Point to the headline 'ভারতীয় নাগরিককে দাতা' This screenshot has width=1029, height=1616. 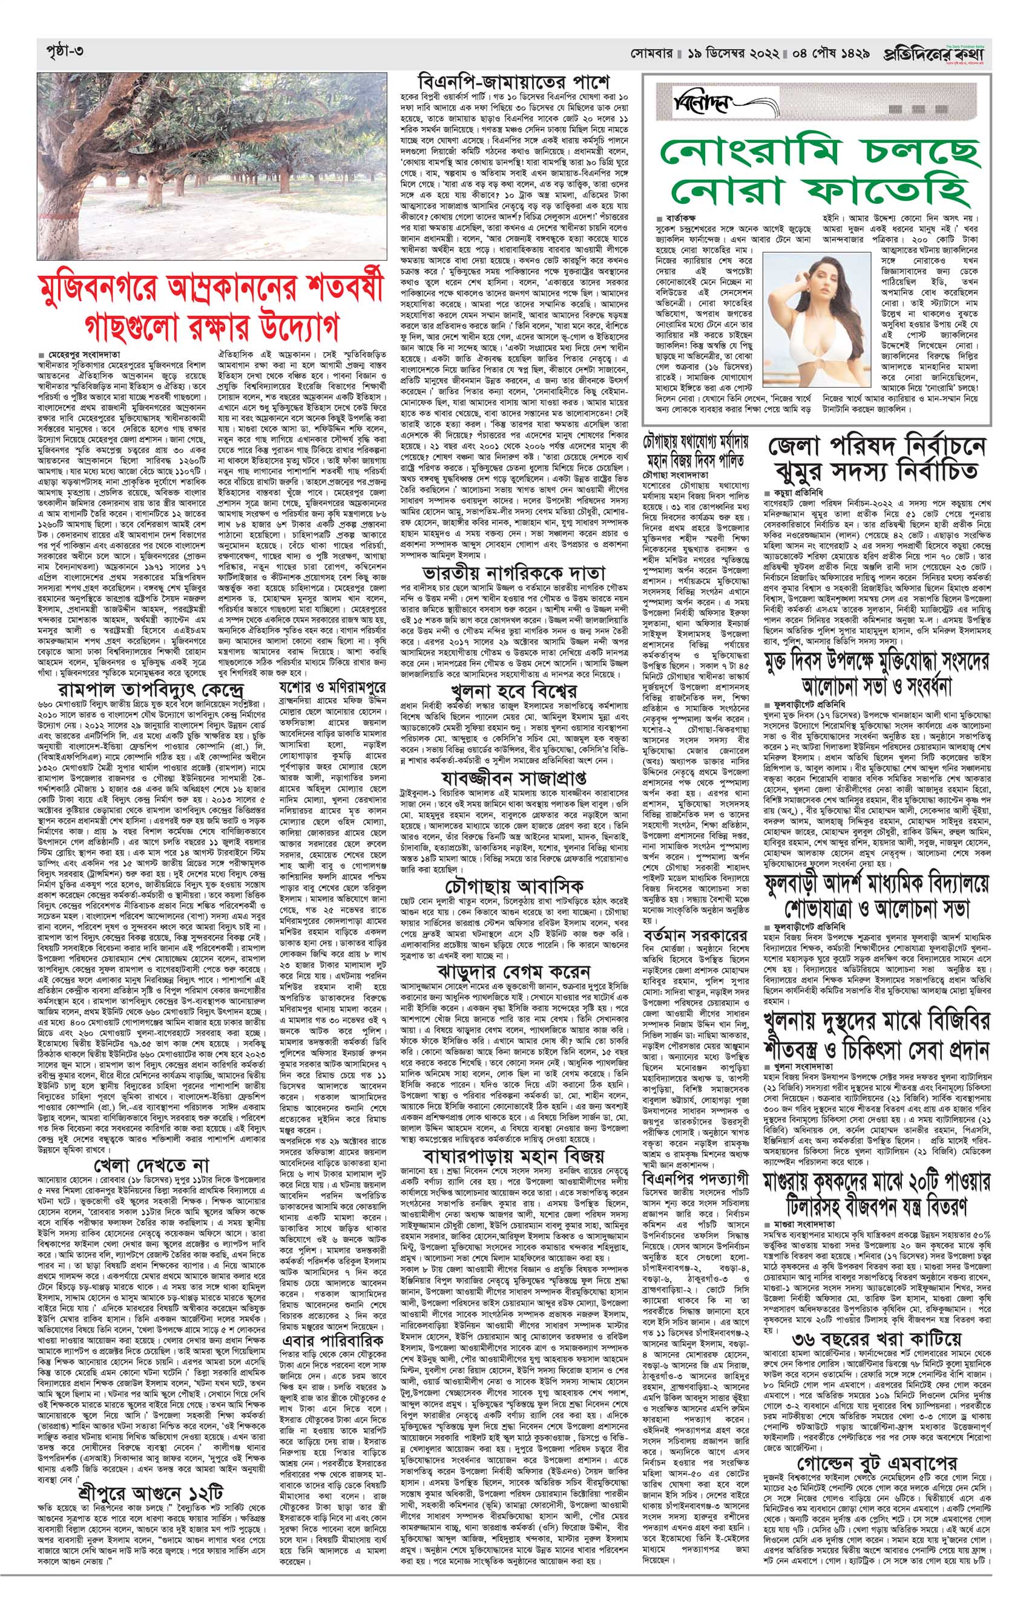[x=513, y=573]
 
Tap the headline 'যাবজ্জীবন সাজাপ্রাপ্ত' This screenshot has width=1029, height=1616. [x=513, y=779]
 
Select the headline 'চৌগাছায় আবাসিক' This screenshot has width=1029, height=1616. [x=513, y=885]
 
